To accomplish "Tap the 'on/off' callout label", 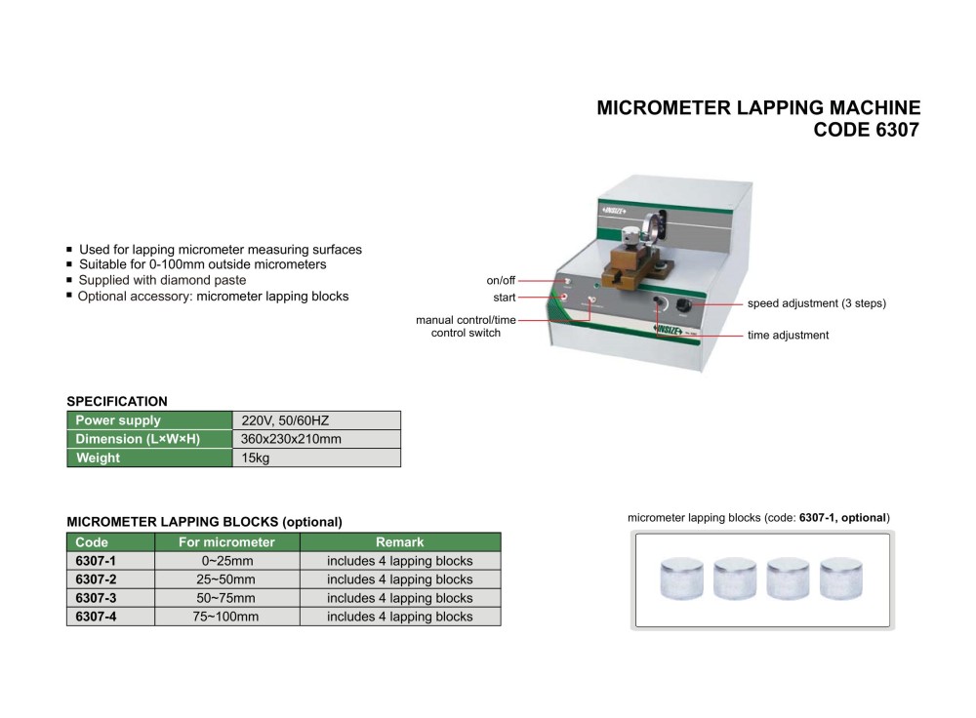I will (x=501, y=281).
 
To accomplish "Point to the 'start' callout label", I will (x=505, y=298).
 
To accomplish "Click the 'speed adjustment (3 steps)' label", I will (x=816, y=303).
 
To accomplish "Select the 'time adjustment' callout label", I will (x=788, y=336).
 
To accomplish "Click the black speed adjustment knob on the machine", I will (x=682, y=306).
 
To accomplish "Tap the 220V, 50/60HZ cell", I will (x=285, y=420).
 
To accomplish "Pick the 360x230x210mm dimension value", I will (x=291, y=439).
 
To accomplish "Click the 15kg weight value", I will (x=255, y=458).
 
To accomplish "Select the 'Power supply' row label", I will (x=118, y=420).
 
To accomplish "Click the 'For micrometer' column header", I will (x=226, y=542).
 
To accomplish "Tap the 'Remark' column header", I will (x=399, y=542).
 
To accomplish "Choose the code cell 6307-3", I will (x=96, y=598).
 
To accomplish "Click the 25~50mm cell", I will (x=226, y=579).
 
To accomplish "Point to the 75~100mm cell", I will (x=226, y=617).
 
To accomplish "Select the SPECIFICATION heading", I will (x=116, y=401).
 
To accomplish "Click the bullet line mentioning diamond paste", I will (x=162, y=280).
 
